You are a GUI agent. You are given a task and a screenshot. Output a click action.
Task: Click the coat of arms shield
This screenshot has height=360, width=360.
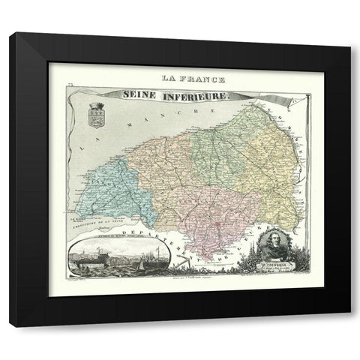(95, 117)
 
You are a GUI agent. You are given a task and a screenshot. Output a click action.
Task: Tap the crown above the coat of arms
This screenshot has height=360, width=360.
(95, 106)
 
